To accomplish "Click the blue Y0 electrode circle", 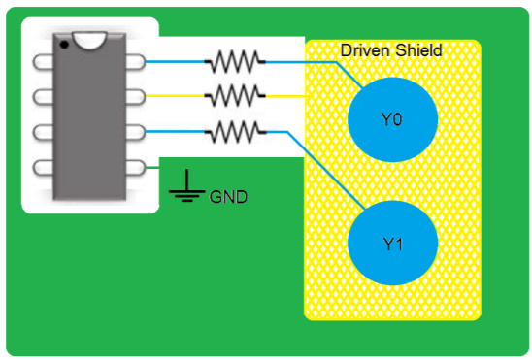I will click(x=391, y=121).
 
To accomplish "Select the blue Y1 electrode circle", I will click(x=391, y=244).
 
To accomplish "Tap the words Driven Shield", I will click(x=391, y=49).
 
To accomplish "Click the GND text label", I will click(x=228, y=197).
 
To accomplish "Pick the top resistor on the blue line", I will click(x=234, y=62).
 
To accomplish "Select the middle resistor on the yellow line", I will click(x=234, y=95).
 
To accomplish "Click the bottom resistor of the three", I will click(x=234, y=130).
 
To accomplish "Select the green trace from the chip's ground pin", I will click(x=152, y=166).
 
